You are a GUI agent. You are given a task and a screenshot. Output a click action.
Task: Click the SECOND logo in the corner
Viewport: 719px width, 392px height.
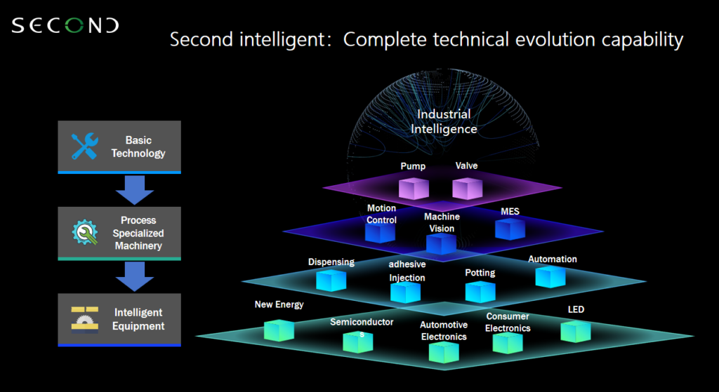[x=65, y=27]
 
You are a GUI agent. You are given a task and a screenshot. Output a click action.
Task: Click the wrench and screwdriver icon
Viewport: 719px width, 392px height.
[x=85, y=146]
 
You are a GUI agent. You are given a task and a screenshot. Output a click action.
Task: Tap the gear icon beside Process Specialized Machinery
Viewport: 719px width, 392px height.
[x=85, y=233]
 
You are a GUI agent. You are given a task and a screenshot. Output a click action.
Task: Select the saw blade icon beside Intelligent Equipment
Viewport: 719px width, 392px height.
[x=85, y=318]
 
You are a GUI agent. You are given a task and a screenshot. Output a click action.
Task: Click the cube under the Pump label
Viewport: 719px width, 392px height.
[x=413, y=188]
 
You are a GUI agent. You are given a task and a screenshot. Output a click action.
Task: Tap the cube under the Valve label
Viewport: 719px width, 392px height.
[x=466, y=187]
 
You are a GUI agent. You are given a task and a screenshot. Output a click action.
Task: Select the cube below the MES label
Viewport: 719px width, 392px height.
[x=510, y=229]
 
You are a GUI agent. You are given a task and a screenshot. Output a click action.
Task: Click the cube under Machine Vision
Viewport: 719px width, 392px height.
[x=441, y=244]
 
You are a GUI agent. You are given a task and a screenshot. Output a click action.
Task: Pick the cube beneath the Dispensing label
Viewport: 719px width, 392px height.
[x=331, y=280]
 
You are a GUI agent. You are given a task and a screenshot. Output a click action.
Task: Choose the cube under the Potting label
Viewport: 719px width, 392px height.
[x=480, y=291]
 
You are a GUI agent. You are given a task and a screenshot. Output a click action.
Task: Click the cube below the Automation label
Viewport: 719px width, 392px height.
[x=550, y=276]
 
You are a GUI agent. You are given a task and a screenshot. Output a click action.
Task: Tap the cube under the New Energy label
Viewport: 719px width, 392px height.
[x=279, y=330]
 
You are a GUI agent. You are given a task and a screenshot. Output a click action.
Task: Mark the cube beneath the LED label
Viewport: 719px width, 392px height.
[x=575, y=330]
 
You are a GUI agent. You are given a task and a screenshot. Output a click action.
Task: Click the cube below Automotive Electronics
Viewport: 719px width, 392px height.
[x=443, y=351]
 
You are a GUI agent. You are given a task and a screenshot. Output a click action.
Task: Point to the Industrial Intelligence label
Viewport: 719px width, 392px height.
[x=444, y=121]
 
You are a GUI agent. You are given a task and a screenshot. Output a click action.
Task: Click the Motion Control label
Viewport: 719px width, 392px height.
[x=381, y=214]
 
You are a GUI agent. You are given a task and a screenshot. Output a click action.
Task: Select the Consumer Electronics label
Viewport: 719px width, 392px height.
[x=508, y=322]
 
